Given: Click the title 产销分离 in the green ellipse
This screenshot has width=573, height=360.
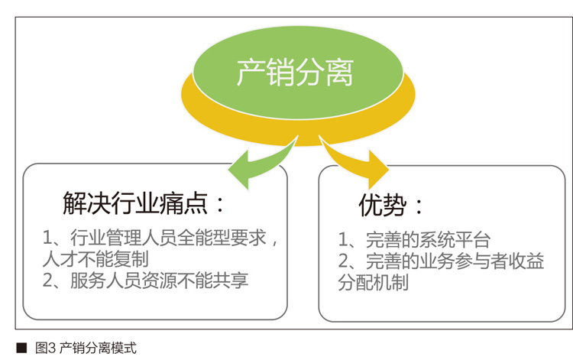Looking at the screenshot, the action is [x=295, y=73].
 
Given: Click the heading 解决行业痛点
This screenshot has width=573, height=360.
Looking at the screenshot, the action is [x=136, y=203].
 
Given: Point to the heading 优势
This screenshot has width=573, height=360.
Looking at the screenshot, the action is [x=383, y=205].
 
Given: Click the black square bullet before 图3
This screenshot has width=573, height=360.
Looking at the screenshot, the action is [x=21, y=348].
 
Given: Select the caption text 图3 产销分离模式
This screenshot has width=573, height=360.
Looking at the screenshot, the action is [x=86, y=348].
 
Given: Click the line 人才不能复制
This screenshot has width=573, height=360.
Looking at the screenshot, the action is [x=95, y=260].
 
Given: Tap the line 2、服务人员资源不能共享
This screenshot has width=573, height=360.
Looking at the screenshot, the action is [x=145, y=281].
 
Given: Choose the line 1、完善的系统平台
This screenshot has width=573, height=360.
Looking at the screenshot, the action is [x=414, y=240].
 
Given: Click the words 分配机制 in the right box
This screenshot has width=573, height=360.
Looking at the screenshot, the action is [x=374, y=283].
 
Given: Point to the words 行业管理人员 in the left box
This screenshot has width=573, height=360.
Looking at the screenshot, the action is [x=124, y=238].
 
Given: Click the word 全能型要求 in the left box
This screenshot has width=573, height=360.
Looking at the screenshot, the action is [x=222, y=238].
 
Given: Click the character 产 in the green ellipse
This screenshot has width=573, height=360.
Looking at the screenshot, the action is [x=251, y=73].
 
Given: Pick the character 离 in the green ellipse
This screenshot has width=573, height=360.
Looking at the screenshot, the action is [x=339, y=73].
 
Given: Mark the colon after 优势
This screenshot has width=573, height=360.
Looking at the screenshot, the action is [x=419, y=207].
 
